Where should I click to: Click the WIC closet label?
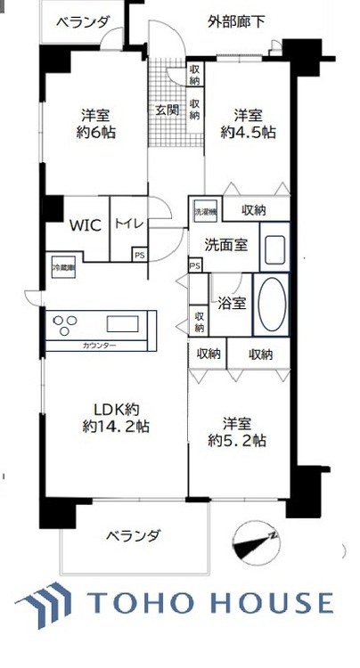(86, 225)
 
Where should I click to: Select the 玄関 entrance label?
(167, 110)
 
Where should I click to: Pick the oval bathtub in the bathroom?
(271, 304)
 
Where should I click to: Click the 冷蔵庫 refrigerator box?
(62, 267)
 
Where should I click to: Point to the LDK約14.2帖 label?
(112, 417)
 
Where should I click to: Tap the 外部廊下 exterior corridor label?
(236, 20)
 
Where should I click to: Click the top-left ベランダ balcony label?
(81, 23)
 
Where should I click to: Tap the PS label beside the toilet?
(138, 255)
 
